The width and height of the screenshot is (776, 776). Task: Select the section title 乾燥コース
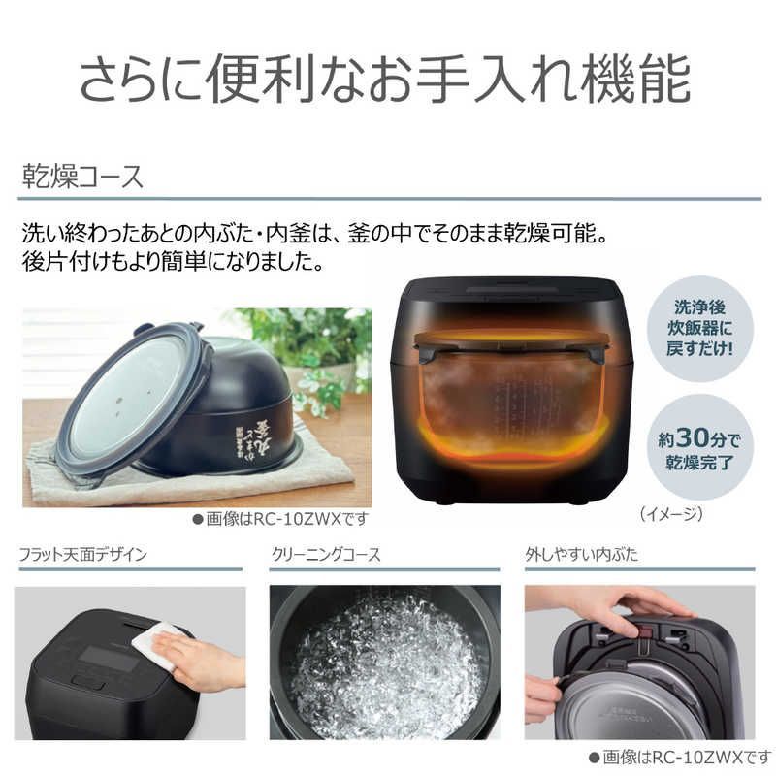point(83,178)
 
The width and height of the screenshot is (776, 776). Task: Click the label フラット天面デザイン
point(83,555)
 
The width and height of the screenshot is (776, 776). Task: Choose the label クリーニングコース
point(325,555)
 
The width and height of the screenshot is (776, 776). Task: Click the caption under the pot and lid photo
point(281,519)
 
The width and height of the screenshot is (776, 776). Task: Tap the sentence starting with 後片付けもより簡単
point(184,262)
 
